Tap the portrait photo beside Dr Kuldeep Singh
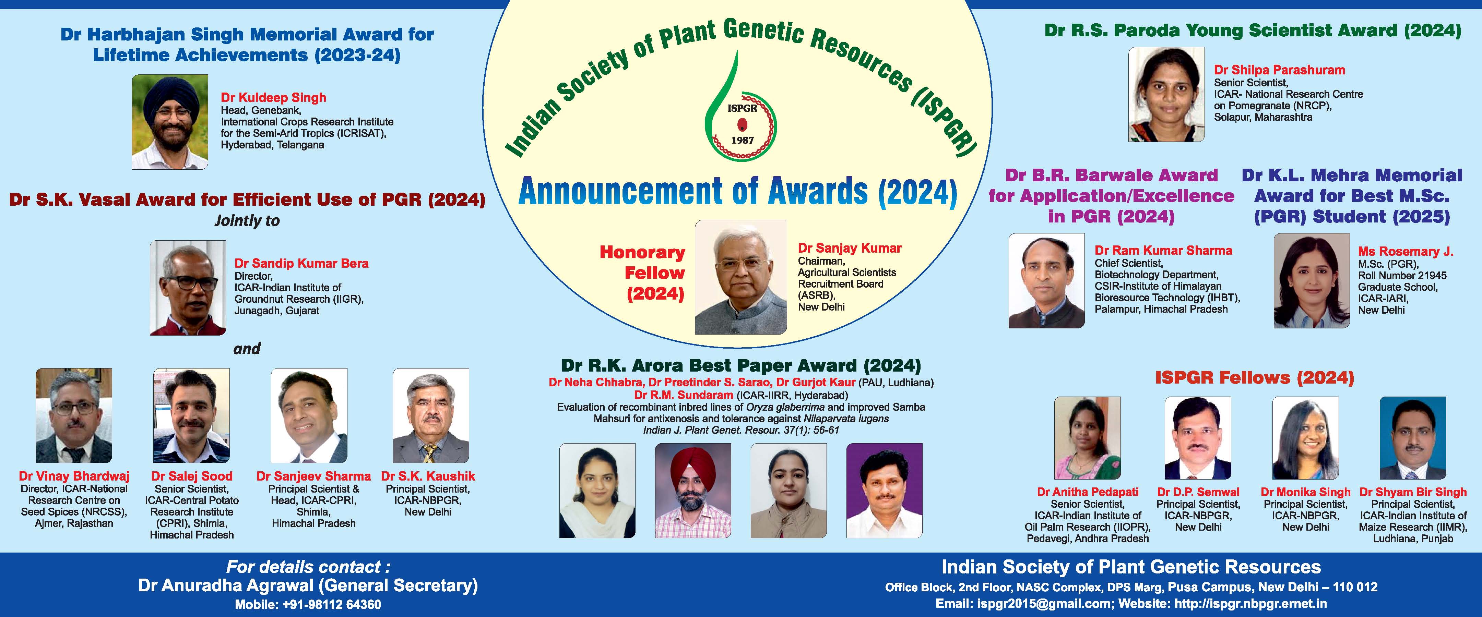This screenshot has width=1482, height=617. pos(170,122)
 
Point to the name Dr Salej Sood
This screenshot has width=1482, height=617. pos(192,476)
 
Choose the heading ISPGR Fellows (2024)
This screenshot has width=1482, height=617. pos(1255,378)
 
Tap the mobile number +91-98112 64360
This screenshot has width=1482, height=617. pos(331,605)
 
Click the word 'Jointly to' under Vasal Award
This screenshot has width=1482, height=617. pos(247,221)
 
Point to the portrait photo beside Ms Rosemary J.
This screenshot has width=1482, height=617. pos(1312,281)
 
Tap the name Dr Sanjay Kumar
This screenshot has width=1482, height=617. pos(850,249)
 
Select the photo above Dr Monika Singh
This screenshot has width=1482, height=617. pos(1305,438)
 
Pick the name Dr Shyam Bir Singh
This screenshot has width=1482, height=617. pos(1413,492)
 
